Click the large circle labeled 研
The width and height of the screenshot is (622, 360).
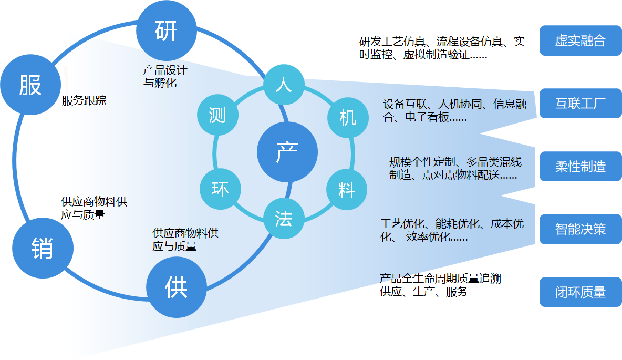[x=166, y=31]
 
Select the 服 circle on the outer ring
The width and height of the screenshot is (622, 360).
[x=30, y=84]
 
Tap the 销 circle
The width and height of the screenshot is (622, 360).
[x=42, y=247]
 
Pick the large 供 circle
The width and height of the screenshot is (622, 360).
[x=176, y=288]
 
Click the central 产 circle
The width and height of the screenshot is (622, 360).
[x=287, y=152]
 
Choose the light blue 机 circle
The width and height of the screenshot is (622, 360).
[x=347, y=118]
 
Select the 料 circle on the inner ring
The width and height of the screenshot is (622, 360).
[x=347, y=190]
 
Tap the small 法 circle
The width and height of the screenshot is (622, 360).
[x=284, y=219]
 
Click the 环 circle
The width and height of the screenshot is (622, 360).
[x=220, y=188]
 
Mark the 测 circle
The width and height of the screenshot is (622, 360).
[x=217, y=116]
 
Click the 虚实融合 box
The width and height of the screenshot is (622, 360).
[x=580, y=40]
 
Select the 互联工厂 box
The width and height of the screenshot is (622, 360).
[x=580, y=103]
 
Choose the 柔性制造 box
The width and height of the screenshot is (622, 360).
[x=580, y=167]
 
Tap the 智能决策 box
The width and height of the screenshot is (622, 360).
[x=580, y=229]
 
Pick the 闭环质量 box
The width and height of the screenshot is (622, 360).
[x=580, y=292]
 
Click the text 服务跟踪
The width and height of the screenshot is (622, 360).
[x=84, y=100]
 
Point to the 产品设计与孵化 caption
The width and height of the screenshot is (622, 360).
[x=165, y=76]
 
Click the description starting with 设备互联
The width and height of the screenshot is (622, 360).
[x=454, y=110]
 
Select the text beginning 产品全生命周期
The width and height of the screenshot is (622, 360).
[x=440, y=285]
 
